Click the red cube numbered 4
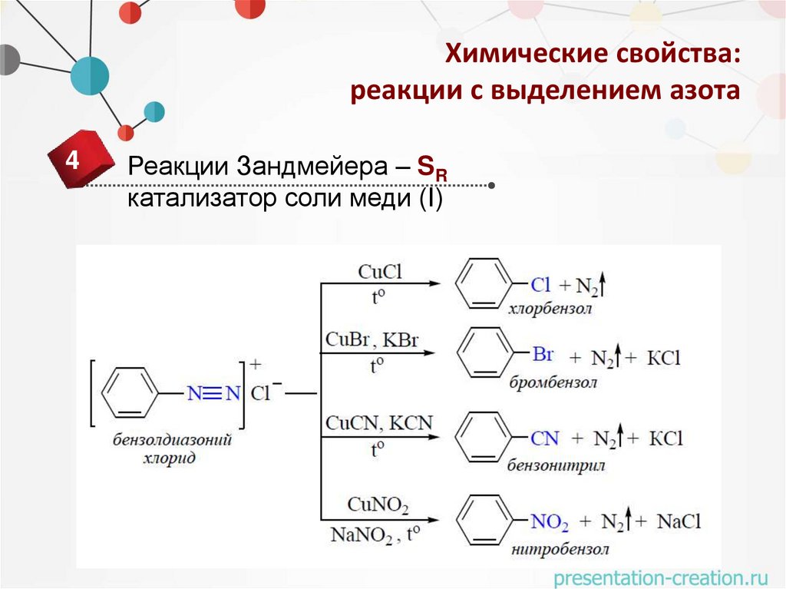pos(72,162)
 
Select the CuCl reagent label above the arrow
pos(380,272)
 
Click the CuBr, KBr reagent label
pos(372,339)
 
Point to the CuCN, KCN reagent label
pos(379,422)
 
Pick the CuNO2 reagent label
pos(378,505)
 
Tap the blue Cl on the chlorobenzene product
pos(540,285)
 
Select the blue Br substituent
pos(543,355)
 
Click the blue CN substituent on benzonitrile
pos(545,438)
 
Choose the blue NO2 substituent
pos(550,522)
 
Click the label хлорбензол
pos(550,309)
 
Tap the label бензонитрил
pos(556,465)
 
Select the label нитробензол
pos(558,549)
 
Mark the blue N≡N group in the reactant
pos(214,393)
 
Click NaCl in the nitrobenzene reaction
pos(679,521)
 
